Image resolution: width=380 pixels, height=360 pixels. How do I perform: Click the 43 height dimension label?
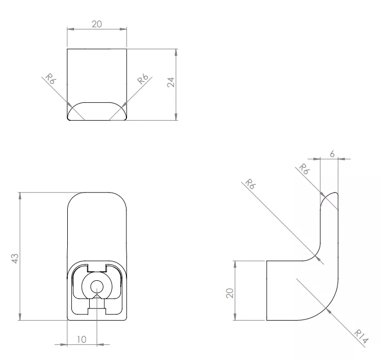(15, 259)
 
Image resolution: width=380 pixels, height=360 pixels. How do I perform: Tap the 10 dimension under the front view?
(82, 340)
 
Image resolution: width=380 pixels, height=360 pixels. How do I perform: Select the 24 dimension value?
(171, 82)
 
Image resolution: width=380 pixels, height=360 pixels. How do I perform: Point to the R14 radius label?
(361, 336)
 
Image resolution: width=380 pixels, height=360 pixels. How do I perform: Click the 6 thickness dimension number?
(332, 154)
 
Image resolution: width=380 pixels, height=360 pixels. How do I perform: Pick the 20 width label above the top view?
(97, 24)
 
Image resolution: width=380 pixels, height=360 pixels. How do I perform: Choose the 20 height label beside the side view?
(230, 293)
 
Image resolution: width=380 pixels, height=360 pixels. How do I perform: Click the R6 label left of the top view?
(51, 78)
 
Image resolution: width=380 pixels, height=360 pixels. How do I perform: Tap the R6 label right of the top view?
(143, 79)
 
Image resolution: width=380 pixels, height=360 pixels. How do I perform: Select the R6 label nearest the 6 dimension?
(304, 169)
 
